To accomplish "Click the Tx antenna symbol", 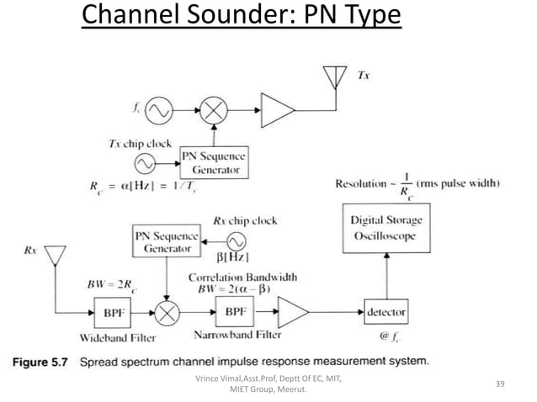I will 334,76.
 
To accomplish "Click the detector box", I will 385,312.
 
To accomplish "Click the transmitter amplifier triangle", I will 277,109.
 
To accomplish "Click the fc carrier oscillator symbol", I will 160,109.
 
